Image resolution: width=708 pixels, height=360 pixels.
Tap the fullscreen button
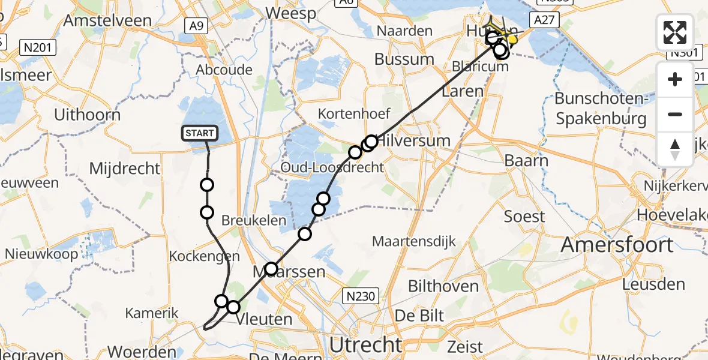pos(675,32)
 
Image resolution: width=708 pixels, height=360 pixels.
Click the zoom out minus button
pos(675,114)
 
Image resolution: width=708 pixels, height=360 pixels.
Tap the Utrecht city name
pos(366,345)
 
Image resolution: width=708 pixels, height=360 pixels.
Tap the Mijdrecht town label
pos(124,168)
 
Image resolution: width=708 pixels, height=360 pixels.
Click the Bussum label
pos(404,59)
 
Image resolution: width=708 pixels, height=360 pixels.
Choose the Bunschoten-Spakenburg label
pos(601,108)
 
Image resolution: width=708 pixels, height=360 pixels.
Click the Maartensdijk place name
pos(415,242)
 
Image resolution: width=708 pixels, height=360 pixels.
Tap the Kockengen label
pos(200,256)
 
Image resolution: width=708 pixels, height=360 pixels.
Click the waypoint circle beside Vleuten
pos(233,307)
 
